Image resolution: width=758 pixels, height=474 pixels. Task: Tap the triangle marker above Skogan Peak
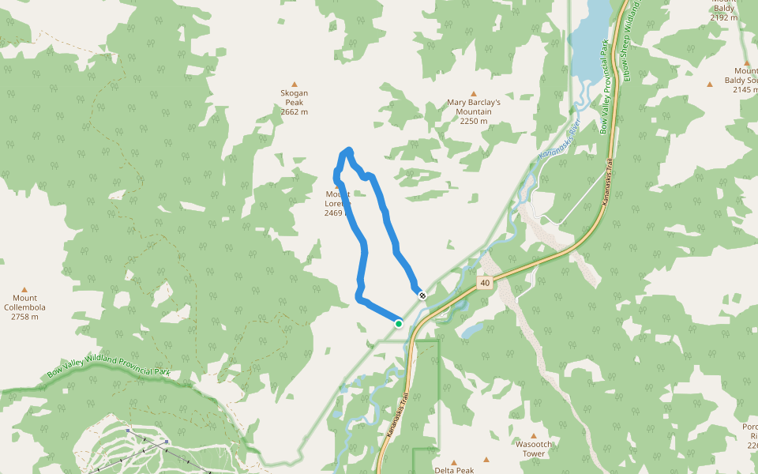[x=295, y=84]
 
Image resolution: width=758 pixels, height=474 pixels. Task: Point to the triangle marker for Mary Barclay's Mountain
[x=474, y=93]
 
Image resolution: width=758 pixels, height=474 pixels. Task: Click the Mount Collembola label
[x=24, y=303]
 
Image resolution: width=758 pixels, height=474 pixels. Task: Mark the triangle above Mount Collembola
[x=24, y=289]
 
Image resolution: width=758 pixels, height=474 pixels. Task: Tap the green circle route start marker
[x=399, y=323]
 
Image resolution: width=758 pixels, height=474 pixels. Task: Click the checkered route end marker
[x=423, y=295]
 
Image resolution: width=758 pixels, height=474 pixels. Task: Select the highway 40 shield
[x=484, y=282]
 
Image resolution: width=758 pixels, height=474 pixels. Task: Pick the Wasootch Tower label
[x=533, y=449]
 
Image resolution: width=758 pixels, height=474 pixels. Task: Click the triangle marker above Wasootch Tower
[x=533, y=435]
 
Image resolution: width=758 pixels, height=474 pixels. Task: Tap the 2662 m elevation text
[x=294, y=112]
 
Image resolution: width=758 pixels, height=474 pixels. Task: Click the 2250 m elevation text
[x=474, y=121]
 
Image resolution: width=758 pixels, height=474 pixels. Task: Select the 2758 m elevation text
[x=24, y=317]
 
